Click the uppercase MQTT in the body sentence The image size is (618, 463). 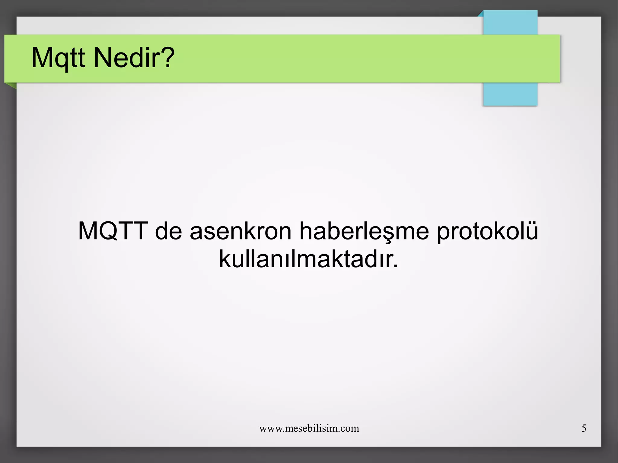[x=113, y=231]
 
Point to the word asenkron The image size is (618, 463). [x=241, y=231]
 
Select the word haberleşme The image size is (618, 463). [x=364, y=231]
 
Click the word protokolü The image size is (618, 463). [x=487, y=231]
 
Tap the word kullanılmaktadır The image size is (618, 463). [x=305, y=259]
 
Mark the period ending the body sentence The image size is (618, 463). [x=396, y=266]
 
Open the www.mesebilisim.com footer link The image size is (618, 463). [x=309, y=428]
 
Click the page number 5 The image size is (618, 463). [x=584, y=428]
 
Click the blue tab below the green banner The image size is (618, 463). [x=510, y=94]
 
